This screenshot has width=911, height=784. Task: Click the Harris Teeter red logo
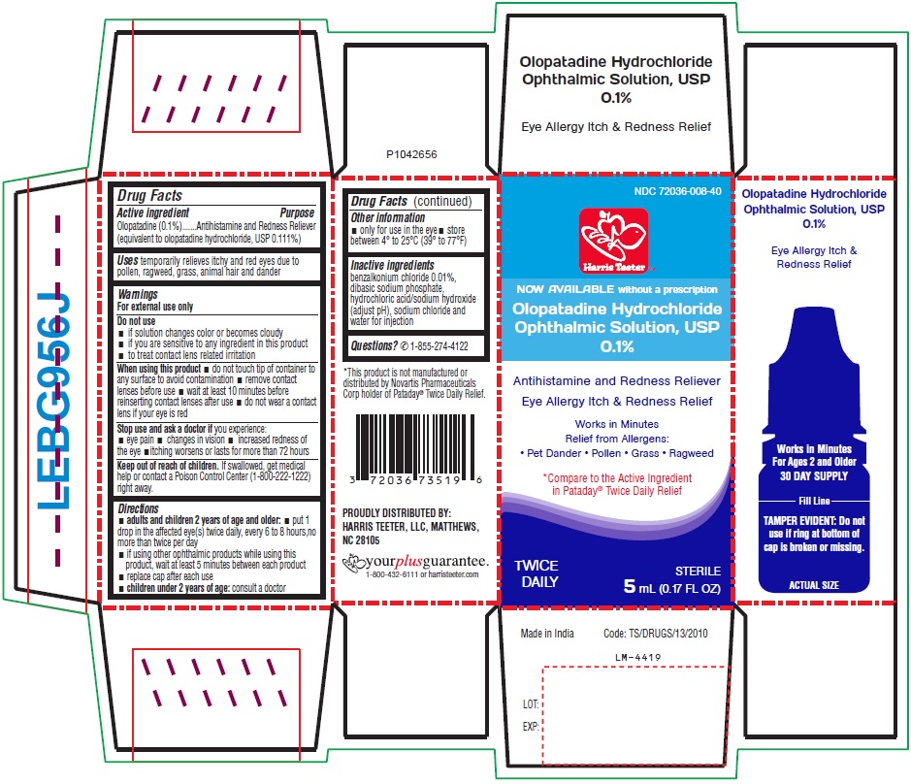[x=613, y=241]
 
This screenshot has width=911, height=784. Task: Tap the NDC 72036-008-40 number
[x=677, y=191]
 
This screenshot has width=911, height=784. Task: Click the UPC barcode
[x=416, y=450]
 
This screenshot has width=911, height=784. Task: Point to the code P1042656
[x=411, y=154]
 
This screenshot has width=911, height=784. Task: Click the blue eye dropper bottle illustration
[x=814, y=449]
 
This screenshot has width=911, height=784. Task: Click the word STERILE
[x=698, y=571]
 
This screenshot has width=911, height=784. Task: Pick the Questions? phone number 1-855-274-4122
[x=439, y=346]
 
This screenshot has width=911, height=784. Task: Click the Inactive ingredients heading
[x=392, y=265]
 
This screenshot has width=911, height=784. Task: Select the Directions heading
[x=139, y=508]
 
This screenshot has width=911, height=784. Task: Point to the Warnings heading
[x=138, y=294]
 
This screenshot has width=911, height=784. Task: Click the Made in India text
[x=547, y=634]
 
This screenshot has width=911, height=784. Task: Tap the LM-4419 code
[x=638, y=657]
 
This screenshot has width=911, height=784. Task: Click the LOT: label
[x=531, y=704]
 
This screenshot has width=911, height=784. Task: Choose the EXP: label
[x=531, y=727]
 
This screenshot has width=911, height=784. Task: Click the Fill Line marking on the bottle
[x=814, y=501]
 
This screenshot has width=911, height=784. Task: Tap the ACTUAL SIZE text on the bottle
[x=814, y=585]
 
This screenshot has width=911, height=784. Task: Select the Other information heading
[x=387, y=217]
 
